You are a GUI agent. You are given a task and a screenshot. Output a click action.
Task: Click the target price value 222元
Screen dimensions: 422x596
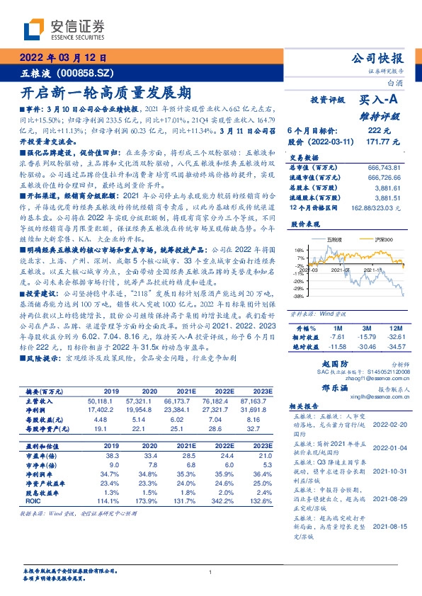pyautogui.click(x=380, y=131)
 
